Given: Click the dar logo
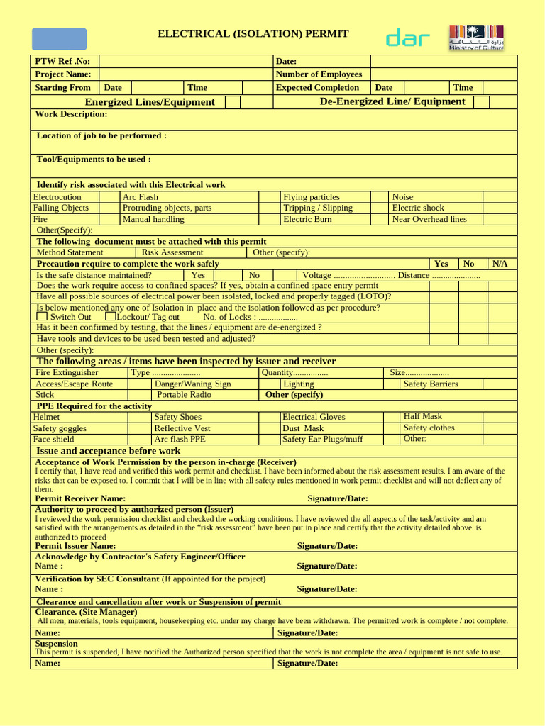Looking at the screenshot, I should [x=407, y=39].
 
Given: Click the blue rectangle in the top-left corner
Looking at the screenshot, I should [x=59, y=39].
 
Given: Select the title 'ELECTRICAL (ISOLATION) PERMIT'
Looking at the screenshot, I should [x=253, y=34].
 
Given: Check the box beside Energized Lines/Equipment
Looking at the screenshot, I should [x=233, y=102].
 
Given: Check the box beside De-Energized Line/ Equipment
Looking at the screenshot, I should [x=481, y=102].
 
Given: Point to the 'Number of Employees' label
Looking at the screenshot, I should [x=319, y=74].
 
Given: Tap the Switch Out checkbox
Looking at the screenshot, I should [x=42, y=317].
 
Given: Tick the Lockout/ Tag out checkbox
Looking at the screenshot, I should [x=110, y=317].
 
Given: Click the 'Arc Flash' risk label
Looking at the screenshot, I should [x=141, y=197].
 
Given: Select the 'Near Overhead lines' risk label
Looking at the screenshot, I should [x=429, y=219].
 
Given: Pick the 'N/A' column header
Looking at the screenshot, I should [x=500, y=264].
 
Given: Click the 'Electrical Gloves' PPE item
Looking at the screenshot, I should [x=314, y=417].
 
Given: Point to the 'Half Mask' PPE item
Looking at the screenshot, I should [x=423, y=417].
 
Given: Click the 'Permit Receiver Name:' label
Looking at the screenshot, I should [x=81, y=498].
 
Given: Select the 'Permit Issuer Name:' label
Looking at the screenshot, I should [x=76, y=546].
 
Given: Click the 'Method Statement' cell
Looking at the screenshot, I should [x=70, y=252].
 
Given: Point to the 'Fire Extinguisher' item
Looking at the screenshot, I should [x=67, y=372].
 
